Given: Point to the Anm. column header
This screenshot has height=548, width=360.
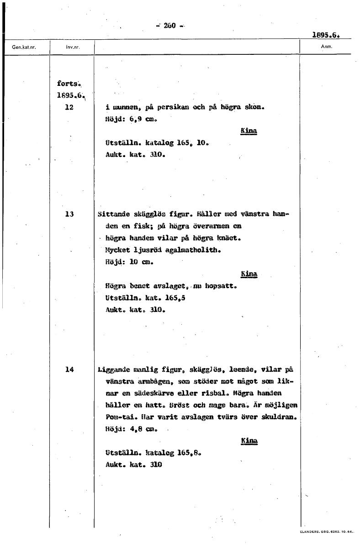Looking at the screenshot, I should [x=326, y=47].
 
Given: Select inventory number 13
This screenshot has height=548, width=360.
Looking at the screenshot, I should [x=69, y=213].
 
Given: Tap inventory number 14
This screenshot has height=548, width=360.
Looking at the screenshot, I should [x=69, y=369].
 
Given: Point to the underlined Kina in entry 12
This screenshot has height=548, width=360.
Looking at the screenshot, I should [x=249, y=132].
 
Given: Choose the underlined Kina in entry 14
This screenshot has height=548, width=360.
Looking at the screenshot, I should [x=249, y=441].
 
